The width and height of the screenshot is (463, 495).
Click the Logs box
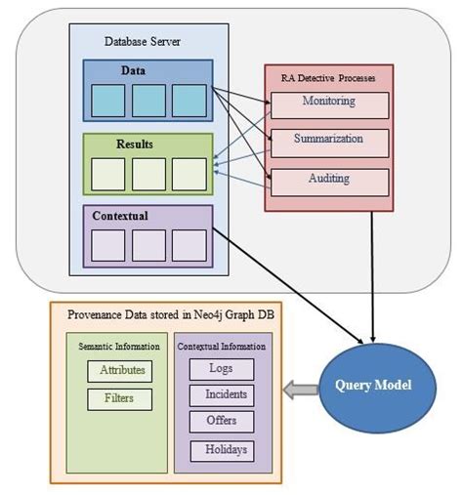(x=220, y=369)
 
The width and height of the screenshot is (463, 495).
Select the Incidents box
(x=220, y=395)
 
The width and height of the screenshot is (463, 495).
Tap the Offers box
(x=220, y=422)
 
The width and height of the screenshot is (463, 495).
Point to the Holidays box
(x=220, y=450)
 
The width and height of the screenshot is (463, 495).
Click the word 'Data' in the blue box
(x=134, y=71)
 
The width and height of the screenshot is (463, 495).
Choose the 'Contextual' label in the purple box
(x=120, y=215)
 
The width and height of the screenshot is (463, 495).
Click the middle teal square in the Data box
(x=148, y=101)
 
